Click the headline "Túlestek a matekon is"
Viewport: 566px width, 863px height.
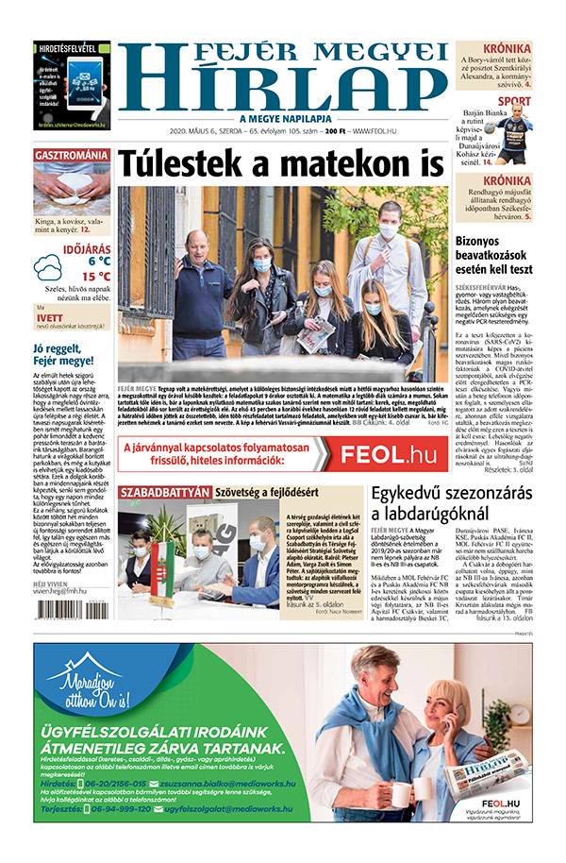coord(280,161)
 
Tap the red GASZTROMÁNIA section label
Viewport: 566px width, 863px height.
coord(72,154)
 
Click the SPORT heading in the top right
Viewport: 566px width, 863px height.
coord(513,101)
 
